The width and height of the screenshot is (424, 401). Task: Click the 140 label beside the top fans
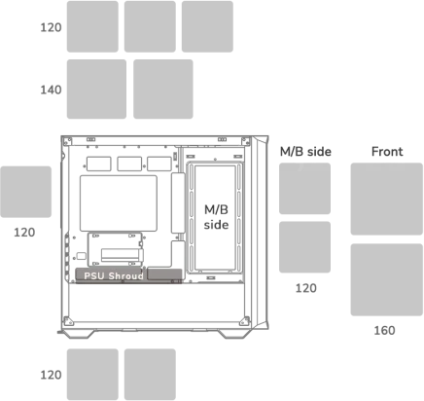(x=51, y=90)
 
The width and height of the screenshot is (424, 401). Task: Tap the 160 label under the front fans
(x=384, y=330)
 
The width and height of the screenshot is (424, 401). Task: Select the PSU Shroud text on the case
(x=114, y=275)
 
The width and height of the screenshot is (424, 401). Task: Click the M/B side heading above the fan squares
(x=305, y=152)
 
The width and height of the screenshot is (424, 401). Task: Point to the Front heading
(x=387, y=152)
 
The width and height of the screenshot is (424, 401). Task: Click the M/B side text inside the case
(x=216, y=217)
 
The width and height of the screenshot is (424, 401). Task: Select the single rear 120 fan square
(x=25, y=192)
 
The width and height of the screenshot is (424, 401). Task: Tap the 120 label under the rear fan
(x=24, y=233)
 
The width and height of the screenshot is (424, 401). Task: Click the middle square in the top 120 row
(x=150, y=26)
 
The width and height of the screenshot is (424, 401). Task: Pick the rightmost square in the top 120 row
(x=207, y=26)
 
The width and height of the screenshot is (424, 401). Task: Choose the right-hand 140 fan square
(x=163, y=89)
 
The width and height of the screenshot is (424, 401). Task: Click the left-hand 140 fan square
(x=96, y=89)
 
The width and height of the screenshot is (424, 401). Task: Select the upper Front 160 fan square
(x=387, y=199)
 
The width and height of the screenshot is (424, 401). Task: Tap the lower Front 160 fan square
(x=387, y=279)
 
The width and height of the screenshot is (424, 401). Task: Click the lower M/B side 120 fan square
(x=304, y=247)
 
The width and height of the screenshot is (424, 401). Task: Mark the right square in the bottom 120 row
(x=150, y=375)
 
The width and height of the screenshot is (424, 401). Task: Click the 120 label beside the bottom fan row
(x=51, y=375)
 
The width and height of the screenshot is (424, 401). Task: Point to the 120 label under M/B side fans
(x=306, y=288)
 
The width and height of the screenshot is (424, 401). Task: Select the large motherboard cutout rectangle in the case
(x=119, y=203)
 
